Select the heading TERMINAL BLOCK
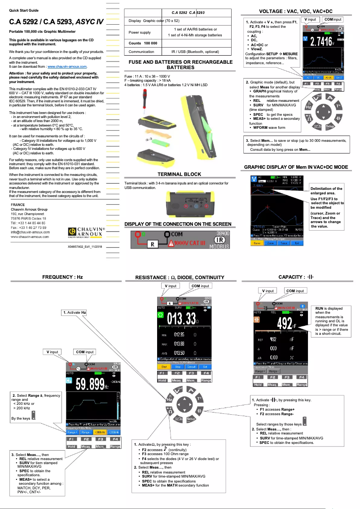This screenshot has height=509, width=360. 180,174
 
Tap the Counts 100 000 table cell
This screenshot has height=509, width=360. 143,43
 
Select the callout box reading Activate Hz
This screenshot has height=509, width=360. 74,312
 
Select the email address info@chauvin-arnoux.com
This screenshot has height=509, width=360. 30,232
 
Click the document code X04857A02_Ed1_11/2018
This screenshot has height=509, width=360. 85,246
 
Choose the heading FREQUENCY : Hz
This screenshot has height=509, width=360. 62,277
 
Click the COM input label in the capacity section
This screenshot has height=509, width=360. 295,291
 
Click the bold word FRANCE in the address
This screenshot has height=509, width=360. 18,204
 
